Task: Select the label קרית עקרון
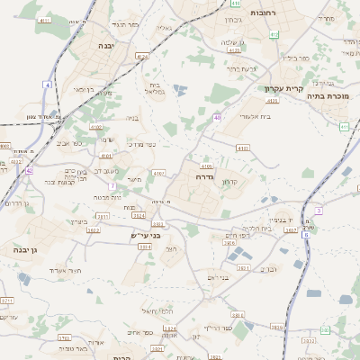tap(281, 88)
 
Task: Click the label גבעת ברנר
tap(243, 68)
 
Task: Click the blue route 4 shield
tap(47, 84)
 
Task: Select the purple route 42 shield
tap(29, 169)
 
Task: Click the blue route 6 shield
tap(306, 234)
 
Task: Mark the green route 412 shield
tap(274, 35)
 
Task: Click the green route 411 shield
tap(344, 127)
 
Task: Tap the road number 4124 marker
tap(141, 56)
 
